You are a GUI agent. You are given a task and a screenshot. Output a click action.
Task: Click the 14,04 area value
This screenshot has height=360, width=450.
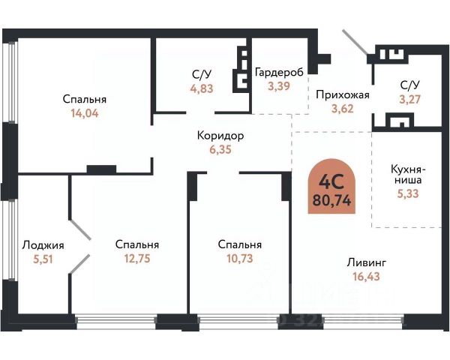85,114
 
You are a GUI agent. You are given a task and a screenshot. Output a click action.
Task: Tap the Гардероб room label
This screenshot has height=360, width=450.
279,72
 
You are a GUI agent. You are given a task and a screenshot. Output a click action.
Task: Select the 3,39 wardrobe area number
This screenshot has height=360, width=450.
279,86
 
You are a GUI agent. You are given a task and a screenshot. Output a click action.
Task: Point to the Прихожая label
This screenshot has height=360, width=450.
343,95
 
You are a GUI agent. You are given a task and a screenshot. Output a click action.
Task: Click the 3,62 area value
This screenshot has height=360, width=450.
343,109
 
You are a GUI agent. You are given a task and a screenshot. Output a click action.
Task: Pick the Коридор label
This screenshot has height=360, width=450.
220,136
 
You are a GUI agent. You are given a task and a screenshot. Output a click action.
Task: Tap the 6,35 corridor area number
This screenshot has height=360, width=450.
220,150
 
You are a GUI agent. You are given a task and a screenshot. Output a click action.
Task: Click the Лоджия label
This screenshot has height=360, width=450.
43,244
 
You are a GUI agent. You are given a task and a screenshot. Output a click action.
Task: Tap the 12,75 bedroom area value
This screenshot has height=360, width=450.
137,259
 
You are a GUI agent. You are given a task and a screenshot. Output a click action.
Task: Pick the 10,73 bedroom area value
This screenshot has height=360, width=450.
239,259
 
